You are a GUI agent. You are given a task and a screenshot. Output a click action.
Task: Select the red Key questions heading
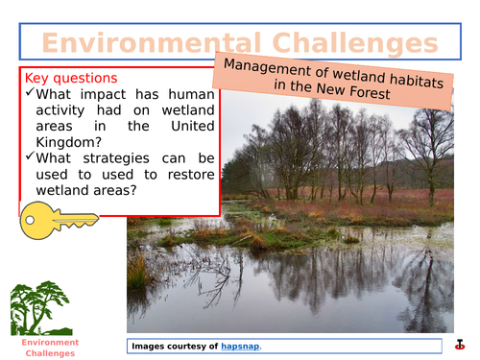[x=71, y=78]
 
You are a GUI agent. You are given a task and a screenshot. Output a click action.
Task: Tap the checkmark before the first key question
[x=32, y=94]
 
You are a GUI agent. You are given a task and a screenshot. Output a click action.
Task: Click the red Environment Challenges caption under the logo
[x=40, y=348]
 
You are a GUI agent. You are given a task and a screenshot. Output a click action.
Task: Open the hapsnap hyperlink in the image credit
[x=240, y=346]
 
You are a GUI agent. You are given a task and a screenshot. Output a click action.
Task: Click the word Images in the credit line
[x=153, y=346]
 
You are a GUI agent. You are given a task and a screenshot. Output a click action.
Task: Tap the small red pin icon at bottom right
[x=461, y=345]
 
